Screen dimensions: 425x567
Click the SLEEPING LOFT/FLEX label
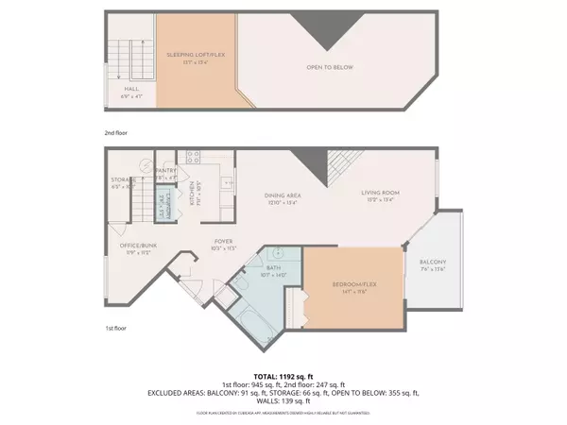click(x=197, y=56)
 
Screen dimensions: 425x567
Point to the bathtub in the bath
click(x=251, y=321)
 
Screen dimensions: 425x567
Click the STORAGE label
click(x=124, y=181)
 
